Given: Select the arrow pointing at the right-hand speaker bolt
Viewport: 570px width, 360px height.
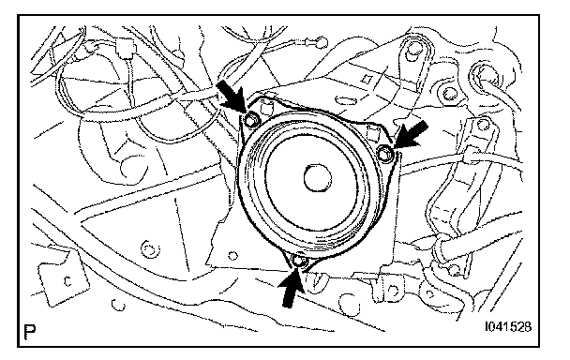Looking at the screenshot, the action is click(x=411, y=135).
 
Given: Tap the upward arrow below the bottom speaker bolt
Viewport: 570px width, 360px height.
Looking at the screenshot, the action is click(x=291, y=289).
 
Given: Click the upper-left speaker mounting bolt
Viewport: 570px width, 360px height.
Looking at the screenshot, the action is click(x=251, y=119).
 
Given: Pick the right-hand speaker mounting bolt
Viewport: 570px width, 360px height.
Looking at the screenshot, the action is click(x=384, y=154).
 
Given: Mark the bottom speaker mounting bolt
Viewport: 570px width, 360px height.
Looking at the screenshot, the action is click(x=299, y=261).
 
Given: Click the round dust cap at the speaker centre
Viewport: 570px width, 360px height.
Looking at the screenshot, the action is click(x=318, y=178).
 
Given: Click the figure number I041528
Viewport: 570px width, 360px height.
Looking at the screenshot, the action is click(x=508, y=326).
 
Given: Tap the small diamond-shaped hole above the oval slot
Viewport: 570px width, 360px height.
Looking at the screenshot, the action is click(x=367, y=79).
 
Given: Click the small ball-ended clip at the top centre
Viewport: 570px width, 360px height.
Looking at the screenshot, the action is click(x=321, y=41).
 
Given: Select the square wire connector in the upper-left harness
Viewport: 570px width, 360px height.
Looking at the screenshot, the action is click(x=127, y=50).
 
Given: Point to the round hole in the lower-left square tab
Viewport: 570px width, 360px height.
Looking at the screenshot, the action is click(x=67, y=280).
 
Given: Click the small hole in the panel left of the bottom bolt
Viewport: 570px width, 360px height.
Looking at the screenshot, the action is click(x=233, y=256).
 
